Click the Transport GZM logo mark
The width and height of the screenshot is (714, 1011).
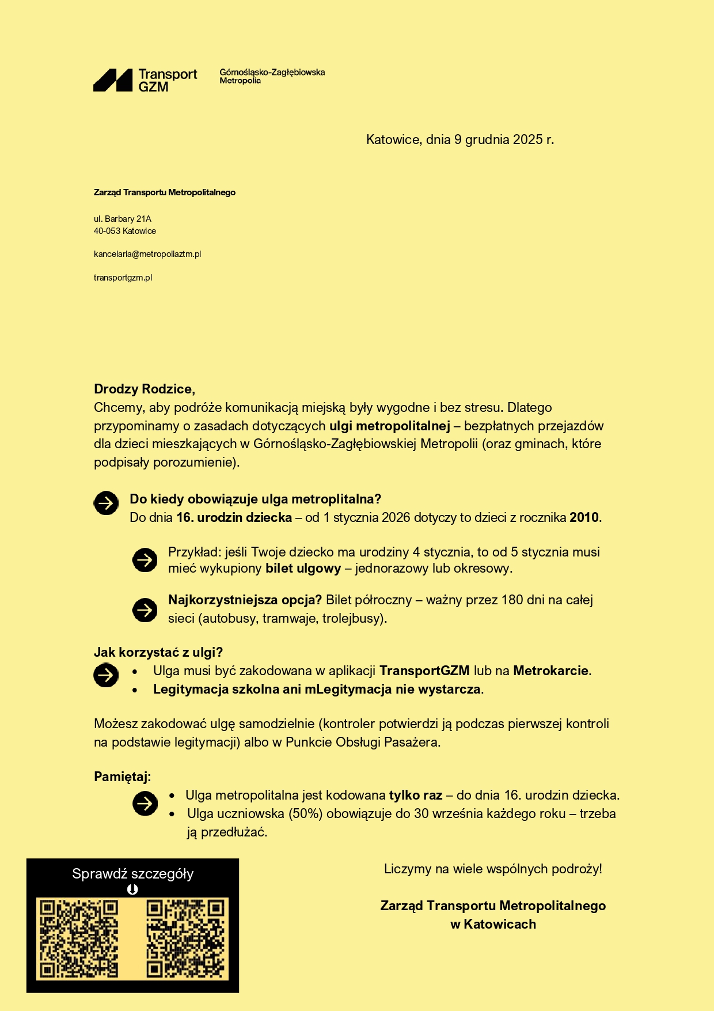click(x=113, y=80)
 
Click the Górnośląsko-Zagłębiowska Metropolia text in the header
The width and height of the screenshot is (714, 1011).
click(x=272, y=76)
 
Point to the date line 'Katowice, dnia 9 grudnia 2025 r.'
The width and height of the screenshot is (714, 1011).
click(x=459, y=139)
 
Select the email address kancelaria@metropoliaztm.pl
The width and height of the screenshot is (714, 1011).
click(x=147, y=254)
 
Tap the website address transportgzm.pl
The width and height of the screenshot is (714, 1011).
click(x=123, y=278)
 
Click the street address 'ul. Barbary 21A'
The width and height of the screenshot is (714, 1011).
click(x=123, y=219)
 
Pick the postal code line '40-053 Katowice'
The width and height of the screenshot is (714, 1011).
click(x=125, y=231)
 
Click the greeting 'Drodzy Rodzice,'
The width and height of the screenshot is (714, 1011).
click(x=145, y=389)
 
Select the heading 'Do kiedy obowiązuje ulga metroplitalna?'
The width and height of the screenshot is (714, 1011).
click(x=255, y=499)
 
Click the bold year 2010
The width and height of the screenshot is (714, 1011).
click(x=584, y=517)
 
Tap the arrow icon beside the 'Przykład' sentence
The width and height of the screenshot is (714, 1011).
click(x=145, y=560)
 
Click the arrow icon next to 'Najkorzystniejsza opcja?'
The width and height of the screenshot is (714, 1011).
click(x=145, y=609)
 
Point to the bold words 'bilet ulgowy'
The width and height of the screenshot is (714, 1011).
click(x=303, y=569)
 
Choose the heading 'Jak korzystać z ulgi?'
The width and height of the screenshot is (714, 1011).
click(x=158, y=652)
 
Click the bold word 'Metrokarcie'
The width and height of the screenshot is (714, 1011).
click(x=550, y=671)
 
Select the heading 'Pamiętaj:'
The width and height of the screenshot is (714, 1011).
click(x=122, y=777)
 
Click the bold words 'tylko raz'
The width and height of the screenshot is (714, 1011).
click(x=415, y=796)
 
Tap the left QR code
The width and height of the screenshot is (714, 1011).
click(x=78, y=939)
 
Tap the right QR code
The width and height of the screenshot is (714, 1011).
click(x=185, y=939)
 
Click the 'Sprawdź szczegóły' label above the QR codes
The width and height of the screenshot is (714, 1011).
click(x=132, y=874)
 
